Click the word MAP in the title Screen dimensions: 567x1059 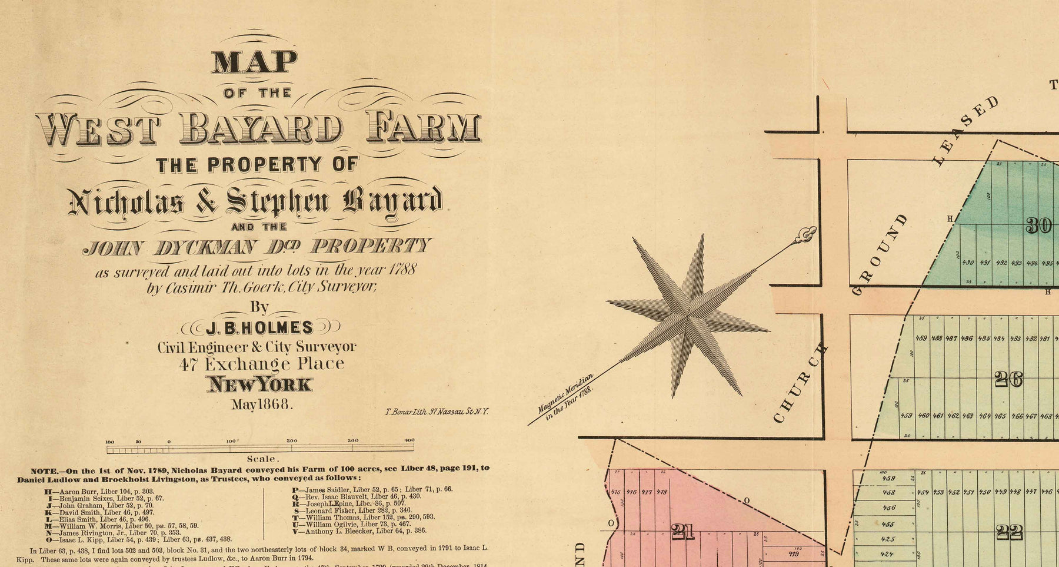pos(254,62)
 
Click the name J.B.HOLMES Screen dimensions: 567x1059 pos(259,327)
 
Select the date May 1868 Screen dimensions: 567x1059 pos(262,404)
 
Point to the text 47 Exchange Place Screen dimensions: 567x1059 pos(262,364)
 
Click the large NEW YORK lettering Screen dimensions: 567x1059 pos(259,384)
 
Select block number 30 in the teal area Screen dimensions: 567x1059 pos(1038,226)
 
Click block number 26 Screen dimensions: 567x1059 pos(1008,380)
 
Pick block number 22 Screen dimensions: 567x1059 pos(1010,532)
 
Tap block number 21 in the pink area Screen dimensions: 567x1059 pos(683,532)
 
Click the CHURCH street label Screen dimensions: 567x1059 pos(800,383)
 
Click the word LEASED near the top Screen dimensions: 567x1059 pos(965,131)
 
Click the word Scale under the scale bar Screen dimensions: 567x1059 pos(261,459)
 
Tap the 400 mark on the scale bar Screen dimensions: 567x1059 pos(409,440)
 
